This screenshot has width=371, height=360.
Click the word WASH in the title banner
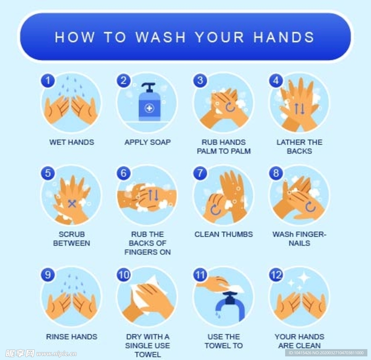[x=161, y=37]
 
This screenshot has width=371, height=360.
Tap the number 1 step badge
[x=48, y=80]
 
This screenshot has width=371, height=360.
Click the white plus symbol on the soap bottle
[x=149, y=108]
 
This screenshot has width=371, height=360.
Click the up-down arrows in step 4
[x=300, y=109]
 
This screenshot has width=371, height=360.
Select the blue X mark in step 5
[x=72, y=203]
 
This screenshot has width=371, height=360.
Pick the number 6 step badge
[x=124, y=173]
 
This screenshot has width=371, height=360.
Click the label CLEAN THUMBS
[x=224, y=234]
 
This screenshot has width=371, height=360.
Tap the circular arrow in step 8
[x=310, y=207]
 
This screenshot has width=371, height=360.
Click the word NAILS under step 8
[x=300, y=243]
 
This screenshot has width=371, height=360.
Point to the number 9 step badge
[x=48, y=275]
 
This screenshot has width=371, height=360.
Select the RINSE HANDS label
[x=72, y=336]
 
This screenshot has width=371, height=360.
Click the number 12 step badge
[x=276, y=275]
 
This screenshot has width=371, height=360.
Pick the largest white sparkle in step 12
[x=304, y=277]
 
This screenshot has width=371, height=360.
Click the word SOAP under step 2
[x=160, y=142]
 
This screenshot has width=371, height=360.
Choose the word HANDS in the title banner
[x=284, y=37]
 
